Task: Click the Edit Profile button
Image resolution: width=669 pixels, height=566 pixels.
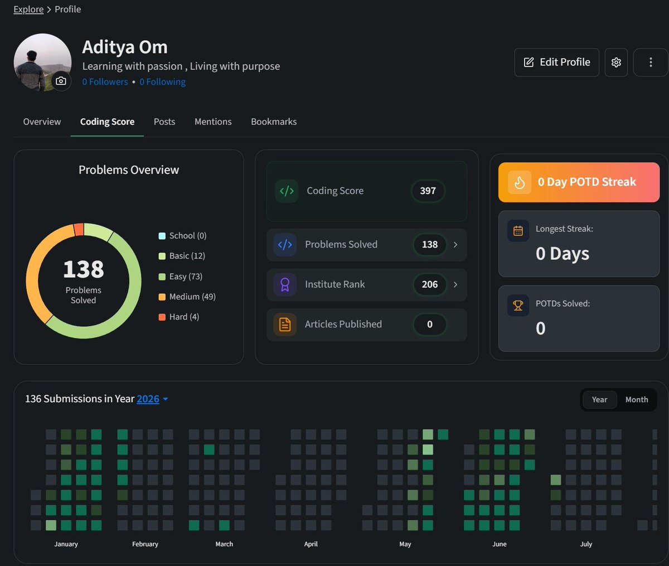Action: tap(557, 62)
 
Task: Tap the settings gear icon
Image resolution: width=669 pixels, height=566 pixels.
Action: tap(616, 62)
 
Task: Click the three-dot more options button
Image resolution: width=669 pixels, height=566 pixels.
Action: tap(651, 62)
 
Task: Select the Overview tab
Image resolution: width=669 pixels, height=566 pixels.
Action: tap(42, 122)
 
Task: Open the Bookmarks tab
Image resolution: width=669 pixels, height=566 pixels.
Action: tap(274, 122)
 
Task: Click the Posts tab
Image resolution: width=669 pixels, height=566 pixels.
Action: tap(164, 122)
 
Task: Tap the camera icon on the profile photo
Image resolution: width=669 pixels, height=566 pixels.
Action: tap(61, 81)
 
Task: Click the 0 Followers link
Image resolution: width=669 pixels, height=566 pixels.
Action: tap(105, 82)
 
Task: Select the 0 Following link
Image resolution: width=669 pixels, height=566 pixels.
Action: tap(162, 82)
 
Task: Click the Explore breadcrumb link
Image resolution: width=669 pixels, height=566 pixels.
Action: tap(28, 9)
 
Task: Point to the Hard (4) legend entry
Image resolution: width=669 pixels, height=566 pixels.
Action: tap(178, 317)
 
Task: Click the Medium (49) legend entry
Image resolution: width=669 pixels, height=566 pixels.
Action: tap(187, 297)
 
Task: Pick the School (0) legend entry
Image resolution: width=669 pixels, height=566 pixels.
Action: tap(182, 236)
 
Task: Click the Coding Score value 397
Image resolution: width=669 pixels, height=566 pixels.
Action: tap(428, 191)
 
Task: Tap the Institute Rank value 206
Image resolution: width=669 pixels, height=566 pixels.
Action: tap(429, 284)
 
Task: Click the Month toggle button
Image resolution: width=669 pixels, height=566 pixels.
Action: tap(637, 400)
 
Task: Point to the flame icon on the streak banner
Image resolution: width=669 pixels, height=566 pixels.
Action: tap(520, 182)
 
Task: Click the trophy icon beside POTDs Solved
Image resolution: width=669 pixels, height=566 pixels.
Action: tap(518, 306)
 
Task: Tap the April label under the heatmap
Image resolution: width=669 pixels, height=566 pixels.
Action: tap(311, 544)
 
